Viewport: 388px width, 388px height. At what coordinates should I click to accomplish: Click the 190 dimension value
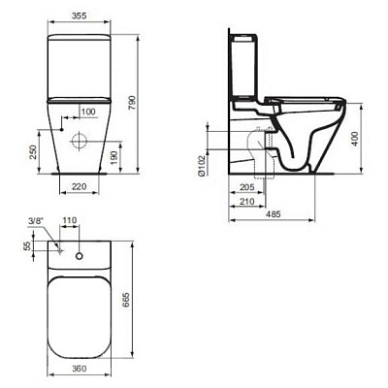(117, 156)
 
